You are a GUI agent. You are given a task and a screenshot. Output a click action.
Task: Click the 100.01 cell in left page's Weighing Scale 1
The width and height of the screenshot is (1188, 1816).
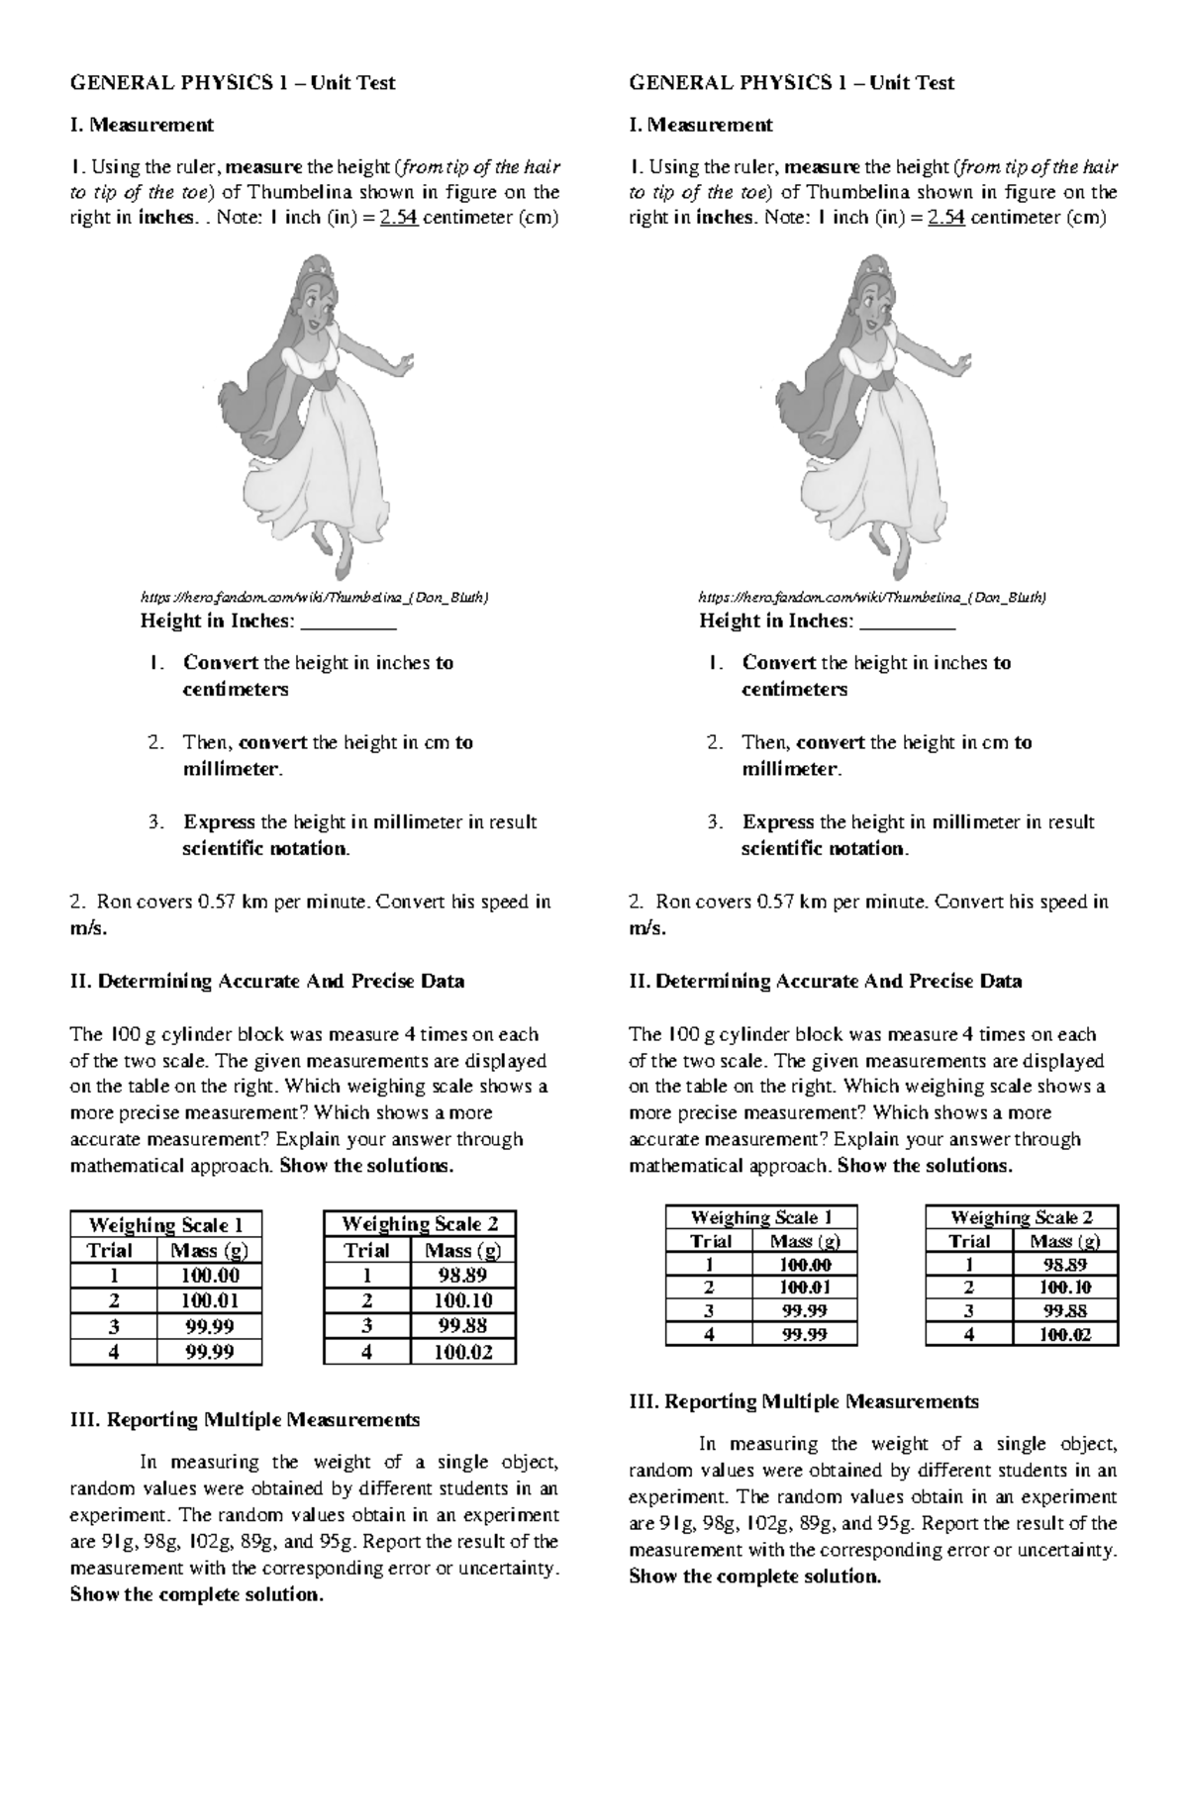point(209,1300)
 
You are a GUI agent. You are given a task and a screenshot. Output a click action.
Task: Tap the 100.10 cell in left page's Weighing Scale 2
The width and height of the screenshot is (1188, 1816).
point(462,1300)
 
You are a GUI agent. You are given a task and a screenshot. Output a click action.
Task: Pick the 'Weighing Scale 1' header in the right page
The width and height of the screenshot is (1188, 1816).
point(760,1217)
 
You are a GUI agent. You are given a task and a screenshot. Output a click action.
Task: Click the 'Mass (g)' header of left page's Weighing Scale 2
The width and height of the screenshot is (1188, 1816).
point(462,1250)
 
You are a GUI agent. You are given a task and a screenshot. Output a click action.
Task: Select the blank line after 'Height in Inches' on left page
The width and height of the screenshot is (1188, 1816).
point(347,622)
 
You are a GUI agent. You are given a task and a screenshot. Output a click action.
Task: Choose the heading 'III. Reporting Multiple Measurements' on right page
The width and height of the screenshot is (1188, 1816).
point(804,1401)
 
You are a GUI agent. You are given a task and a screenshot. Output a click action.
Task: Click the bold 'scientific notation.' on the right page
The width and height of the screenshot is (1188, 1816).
point(825,848)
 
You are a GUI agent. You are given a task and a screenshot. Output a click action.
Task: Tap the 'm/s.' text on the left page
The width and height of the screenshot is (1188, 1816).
point(88,928)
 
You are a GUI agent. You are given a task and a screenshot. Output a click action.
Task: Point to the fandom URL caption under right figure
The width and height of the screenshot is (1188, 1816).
point(872,597)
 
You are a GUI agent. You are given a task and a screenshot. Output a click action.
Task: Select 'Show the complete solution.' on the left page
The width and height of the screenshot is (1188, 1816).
point(197,1594)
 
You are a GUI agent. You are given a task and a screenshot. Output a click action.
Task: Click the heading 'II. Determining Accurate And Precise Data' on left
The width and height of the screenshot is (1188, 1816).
point(267,981)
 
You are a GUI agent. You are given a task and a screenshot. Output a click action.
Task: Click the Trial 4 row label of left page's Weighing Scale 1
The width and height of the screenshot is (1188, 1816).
point(113,1352)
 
